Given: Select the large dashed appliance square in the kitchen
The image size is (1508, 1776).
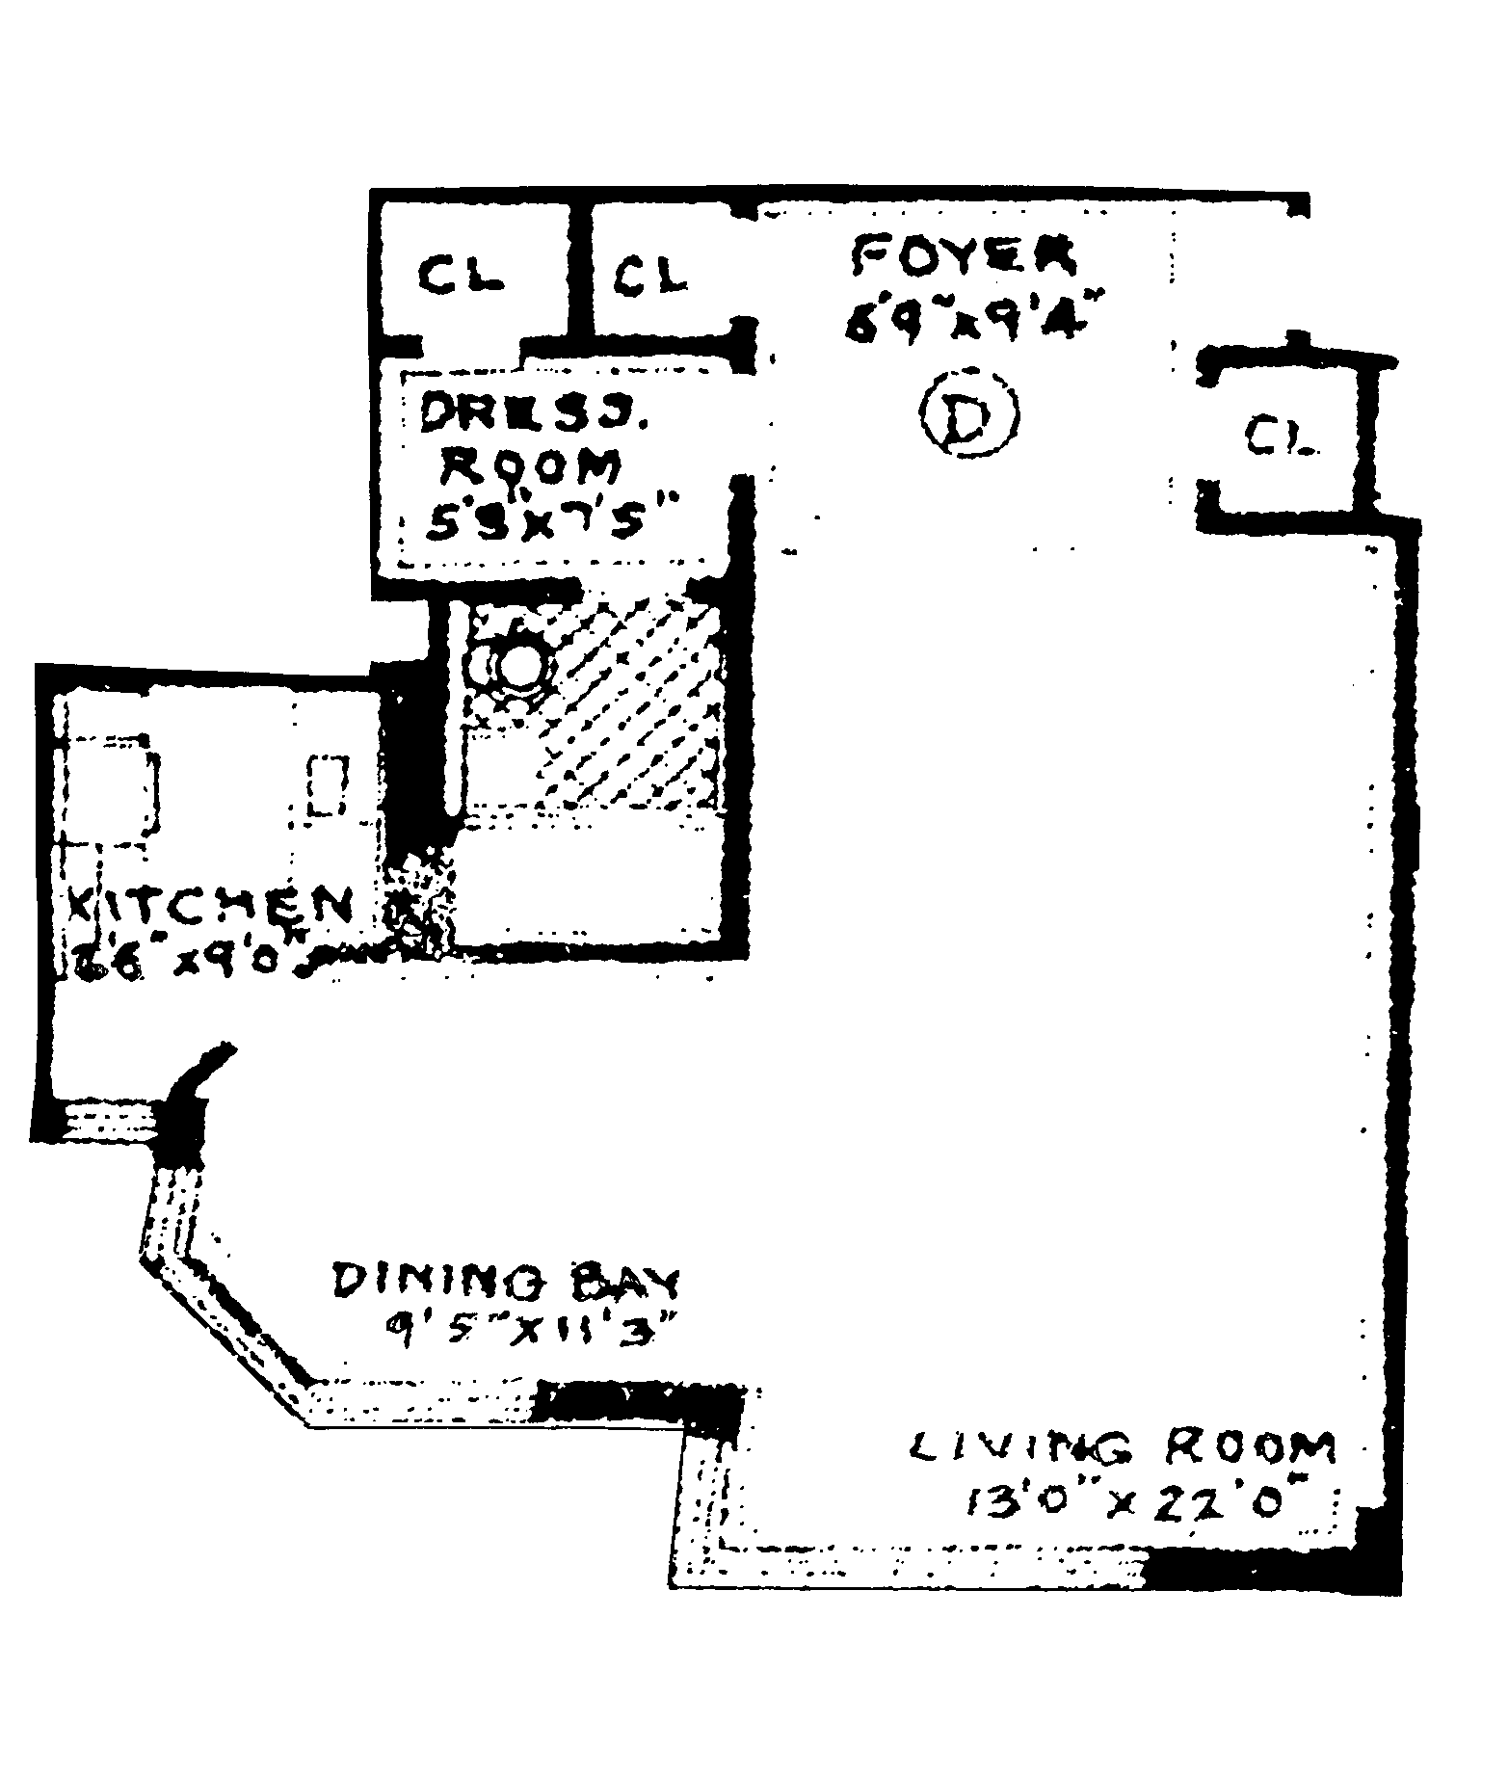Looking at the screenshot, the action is coord(111,785).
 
